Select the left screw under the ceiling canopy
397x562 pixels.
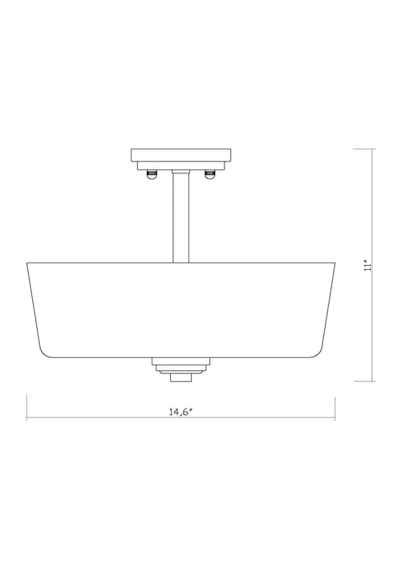(x=150, y=175)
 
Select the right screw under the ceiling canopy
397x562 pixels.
(x=210, y=175)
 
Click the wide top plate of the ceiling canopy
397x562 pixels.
(x=180, y=155)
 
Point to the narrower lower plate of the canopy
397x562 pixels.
(x=180, y=166)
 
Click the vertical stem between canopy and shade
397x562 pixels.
(x=180, y=221)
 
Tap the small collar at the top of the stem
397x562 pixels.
(x=180, y=174)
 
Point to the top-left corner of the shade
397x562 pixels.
(x=27, y=263)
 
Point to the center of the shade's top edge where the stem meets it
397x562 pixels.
(x=180, y=263)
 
